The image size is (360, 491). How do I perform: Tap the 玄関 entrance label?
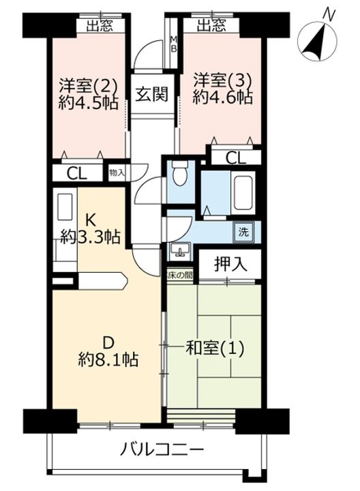[x=151, y=94]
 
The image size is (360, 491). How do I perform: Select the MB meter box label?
[x=173, y=44]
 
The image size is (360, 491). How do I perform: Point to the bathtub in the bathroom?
[x=242, y=192]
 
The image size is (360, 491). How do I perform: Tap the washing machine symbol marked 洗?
[x=243, y=232]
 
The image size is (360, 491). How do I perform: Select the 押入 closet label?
[x=230, y=264]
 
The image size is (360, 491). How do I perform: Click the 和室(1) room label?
[x=215, y=348]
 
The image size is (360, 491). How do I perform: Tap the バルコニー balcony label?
[x=162, y=450]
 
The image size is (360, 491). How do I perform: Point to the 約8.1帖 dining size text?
[x=108, y=360]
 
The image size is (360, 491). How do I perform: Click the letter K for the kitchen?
[x=91, y=220]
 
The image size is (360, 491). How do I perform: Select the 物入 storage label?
[x=117, y=172]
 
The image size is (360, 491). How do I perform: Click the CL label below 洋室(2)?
[x=77, y=173]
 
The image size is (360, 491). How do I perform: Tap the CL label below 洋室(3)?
[x=236, y=158]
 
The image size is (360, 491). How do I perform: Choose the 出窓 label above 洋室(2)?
[x=100, y=26]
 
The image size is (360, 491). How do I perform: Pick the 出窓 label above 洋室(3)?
[x=211, y=26]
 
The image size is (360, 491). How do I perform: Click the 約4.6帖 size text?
[x=222, y=98]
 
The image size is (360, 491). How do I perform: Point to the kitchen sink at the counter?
[x=65, y=208]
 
